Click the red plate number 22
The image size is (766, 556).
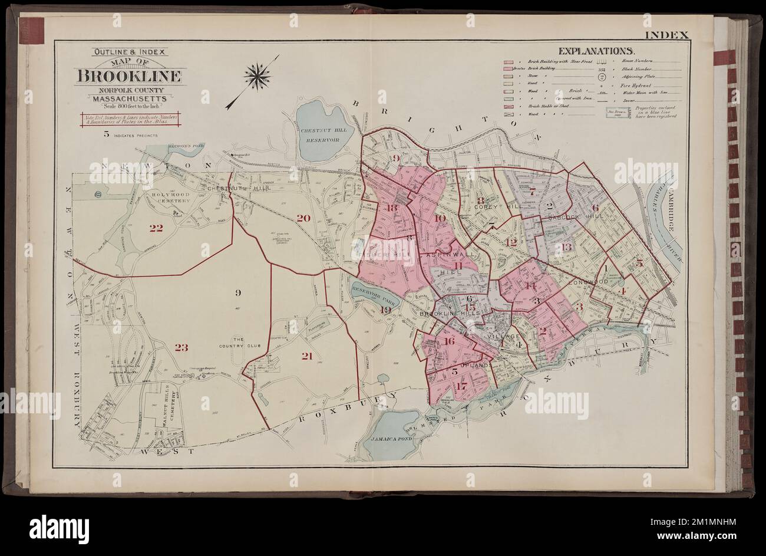156,228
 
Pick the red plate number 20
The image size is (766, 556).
303,218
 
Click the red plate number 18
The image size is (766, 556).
393,207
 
